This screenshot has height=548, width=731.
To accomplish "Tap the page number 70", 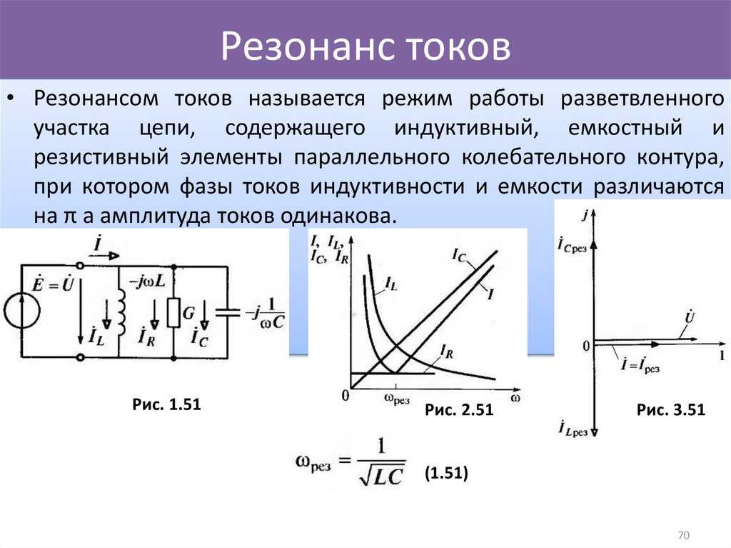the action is [683, 535].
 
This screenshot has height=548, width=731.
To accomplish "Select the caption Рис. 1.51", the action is [166, 404].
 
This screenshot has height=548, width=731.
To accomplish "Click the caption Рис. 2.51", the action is [459, 410].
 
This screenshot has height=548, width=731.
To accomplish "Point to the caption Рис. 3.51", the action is [671, 410].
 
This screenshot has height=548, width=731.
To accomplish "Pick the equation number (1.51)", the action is [446, 473].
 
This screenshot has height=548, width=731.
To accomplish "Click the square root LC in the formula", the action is [381, 476].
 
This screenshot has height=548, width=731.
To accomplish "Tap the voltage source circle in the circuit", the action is [22, 310].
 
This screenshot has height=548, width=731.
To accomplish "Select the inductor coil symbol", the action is [121, 312].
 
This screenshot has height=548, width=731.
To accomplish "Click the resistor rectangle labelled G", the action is [174, 312].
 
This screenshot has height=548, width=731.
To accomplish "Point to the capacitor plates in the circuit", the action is [228, 312].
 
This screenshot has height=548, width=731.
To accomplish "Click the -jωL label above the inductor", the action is [146, 281].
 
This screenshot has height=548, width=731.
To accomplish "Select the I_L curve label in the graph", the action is [391, 284].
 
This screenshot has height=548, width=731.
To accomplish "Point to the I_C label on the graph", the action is [459, 255].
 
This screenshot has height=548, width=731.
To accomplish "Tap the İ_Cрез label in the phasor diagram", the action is [572, 245].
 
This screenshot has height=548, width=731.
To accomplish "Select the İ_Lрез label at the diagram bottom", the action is [573, 429].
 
